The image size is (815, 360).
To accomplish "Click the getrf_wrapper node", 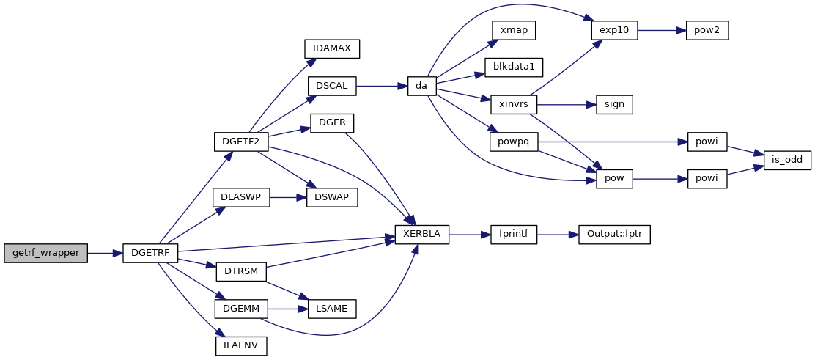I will (x=45, y=253).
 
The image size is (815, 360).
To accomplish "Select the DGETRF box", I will (x=150, y=253).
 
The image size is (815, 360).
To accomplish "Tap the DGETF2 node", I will (x=240, y=141).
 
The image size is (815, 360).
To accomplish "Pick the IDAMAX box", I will (x=331, y=48).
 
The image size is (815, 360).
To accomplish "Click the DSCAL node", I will (x=331, y=86).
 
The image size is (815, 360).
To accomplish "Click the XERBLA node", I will (x=421, y=235).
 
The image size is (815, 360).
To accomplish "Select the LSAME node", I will (x=331, y=309).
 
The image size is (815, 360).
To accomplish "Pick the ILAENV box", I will (x=240, y=345).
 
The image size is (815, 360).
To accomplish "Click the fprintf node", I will (x=514, y=235).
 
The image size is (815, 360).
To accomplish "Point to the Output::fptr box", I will (x=614, y=235).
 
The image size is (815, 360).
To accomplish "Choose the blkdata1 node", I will (x=514, y=67).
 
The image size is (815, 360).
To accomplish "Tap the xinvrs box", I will (x=514, y=104).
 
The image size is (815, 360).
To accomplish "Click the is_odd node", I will (x=787, y=160).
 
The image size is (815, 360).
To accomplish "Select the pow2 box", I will (x=707, y=30).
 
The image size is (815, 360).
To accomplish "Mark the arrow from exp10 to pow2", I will (x=661, y=30).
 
